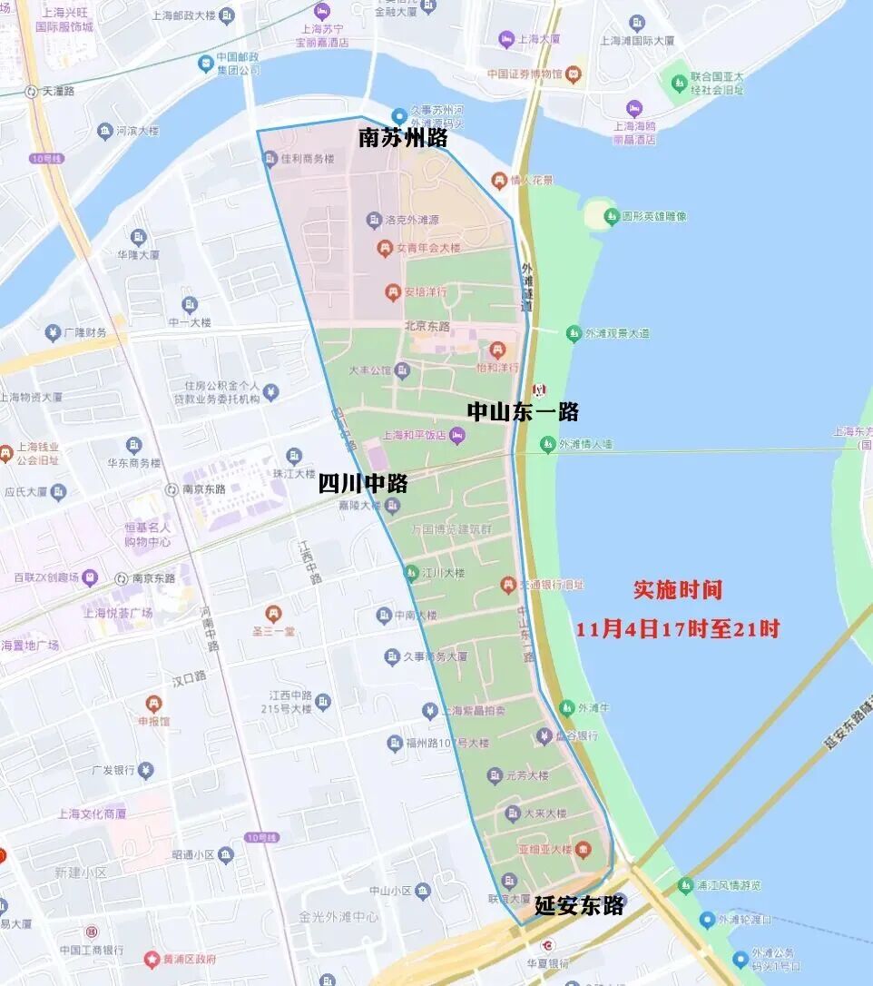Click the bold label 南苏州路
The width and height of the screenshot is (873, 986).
tap(403, 139)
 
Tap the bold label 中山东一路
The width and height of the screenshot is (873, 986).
tap(523, 411)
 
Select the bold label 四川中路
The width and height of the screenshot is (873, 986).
tap(363, 484)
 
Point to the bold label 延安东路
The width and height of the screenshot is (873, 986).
tap(579, 905)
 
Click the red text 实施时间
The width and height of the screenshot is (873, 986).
tap(678, 589)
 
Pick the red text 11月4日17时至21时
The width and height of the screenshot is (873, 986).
tap(678, 628)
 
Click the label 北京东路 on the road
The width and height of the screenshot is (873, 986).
tap(427, 326)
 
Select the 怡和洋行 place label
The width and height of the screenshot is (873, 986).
tap(497, 367)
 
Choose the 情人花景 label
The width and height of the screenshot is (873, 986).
tap(531, 180)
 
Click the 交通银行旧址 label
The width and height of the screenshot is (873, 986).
tap(552, 586)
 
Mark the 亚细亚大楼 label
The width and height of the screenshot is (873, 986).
tap(544, 850)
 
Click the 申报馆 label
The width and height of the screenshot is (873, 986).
tap(153, 721)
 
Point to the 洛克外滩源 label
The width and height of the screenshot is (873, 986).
tap(413, 220)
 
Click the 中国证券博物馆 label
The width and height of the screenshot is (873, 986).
tap(525, 74)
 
